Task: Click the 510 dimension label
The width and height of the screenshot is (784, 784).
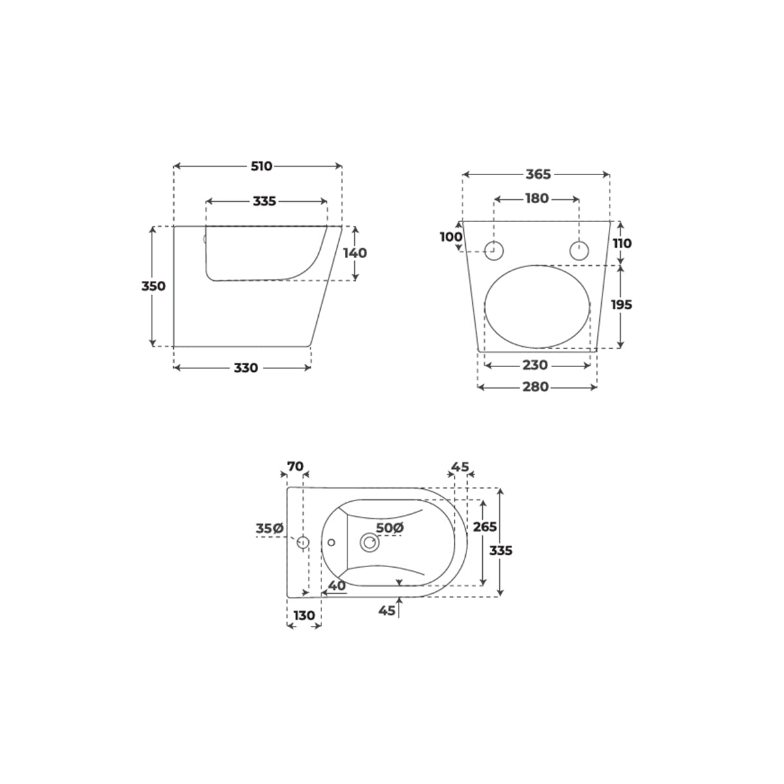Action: coord(261,166)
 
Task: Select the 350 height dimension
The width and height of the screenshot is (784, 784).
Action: coord(154,286)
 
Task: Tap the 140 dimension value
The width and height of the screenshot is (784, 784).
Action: coord(355,253)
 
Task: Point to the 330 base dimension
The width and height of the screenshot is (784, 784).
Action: coord(246,368)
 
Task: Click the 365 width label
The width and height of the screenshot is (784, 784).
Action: coord(538,174)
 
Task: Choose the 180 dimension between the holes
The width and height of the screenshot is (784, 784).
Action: coord(537,199)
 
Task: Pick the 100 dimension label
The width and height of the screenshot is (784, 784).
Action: coord(451,237)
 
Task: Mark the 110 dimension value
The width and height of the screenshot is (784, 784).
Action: coord(622,243)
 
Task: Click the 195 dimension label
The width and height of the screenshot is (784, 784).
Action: coord(622,304)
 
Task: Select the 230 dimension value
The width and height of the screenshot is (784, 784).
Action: coord(534,365)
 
